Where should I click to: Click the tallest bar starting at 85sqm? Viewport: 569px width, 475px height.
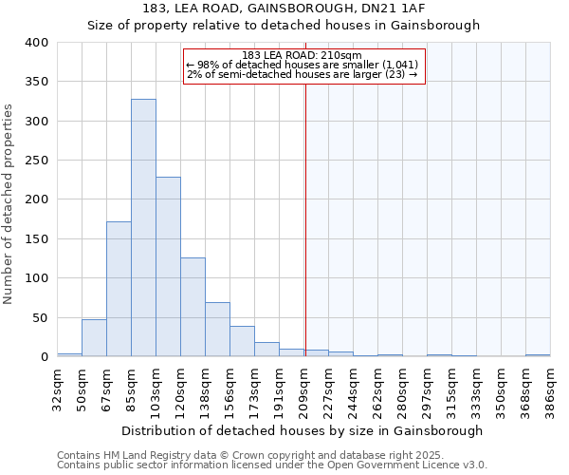(143, 228)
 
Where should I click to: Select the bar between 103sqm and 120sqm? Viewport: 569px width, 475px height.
(168, 267)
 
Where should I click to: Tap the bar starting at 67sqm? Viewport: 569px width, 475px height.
(119, 289)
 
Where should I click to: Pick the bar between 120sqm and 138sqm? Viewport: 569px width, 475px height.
(193, 307)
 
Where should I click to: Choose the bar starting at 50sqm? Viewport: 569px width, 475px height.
(94, 338)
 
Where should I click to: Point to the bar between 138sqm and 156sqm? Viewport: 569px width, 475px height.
(217, 330)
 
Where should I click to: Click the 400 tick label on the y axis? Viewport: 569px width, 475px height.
(37, 43)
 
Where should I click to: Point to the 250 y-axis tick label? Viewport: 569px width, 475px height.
(37, 161)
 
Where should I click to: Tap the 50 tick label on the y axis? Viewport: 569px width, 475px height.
(41, 317)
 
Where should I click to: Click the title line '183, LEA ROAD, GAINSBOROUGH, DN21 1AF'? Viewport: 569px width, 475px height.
(284, 9)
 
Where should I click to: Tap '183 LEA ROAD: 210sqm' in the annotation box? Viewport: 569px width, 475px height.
(303, 55)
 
